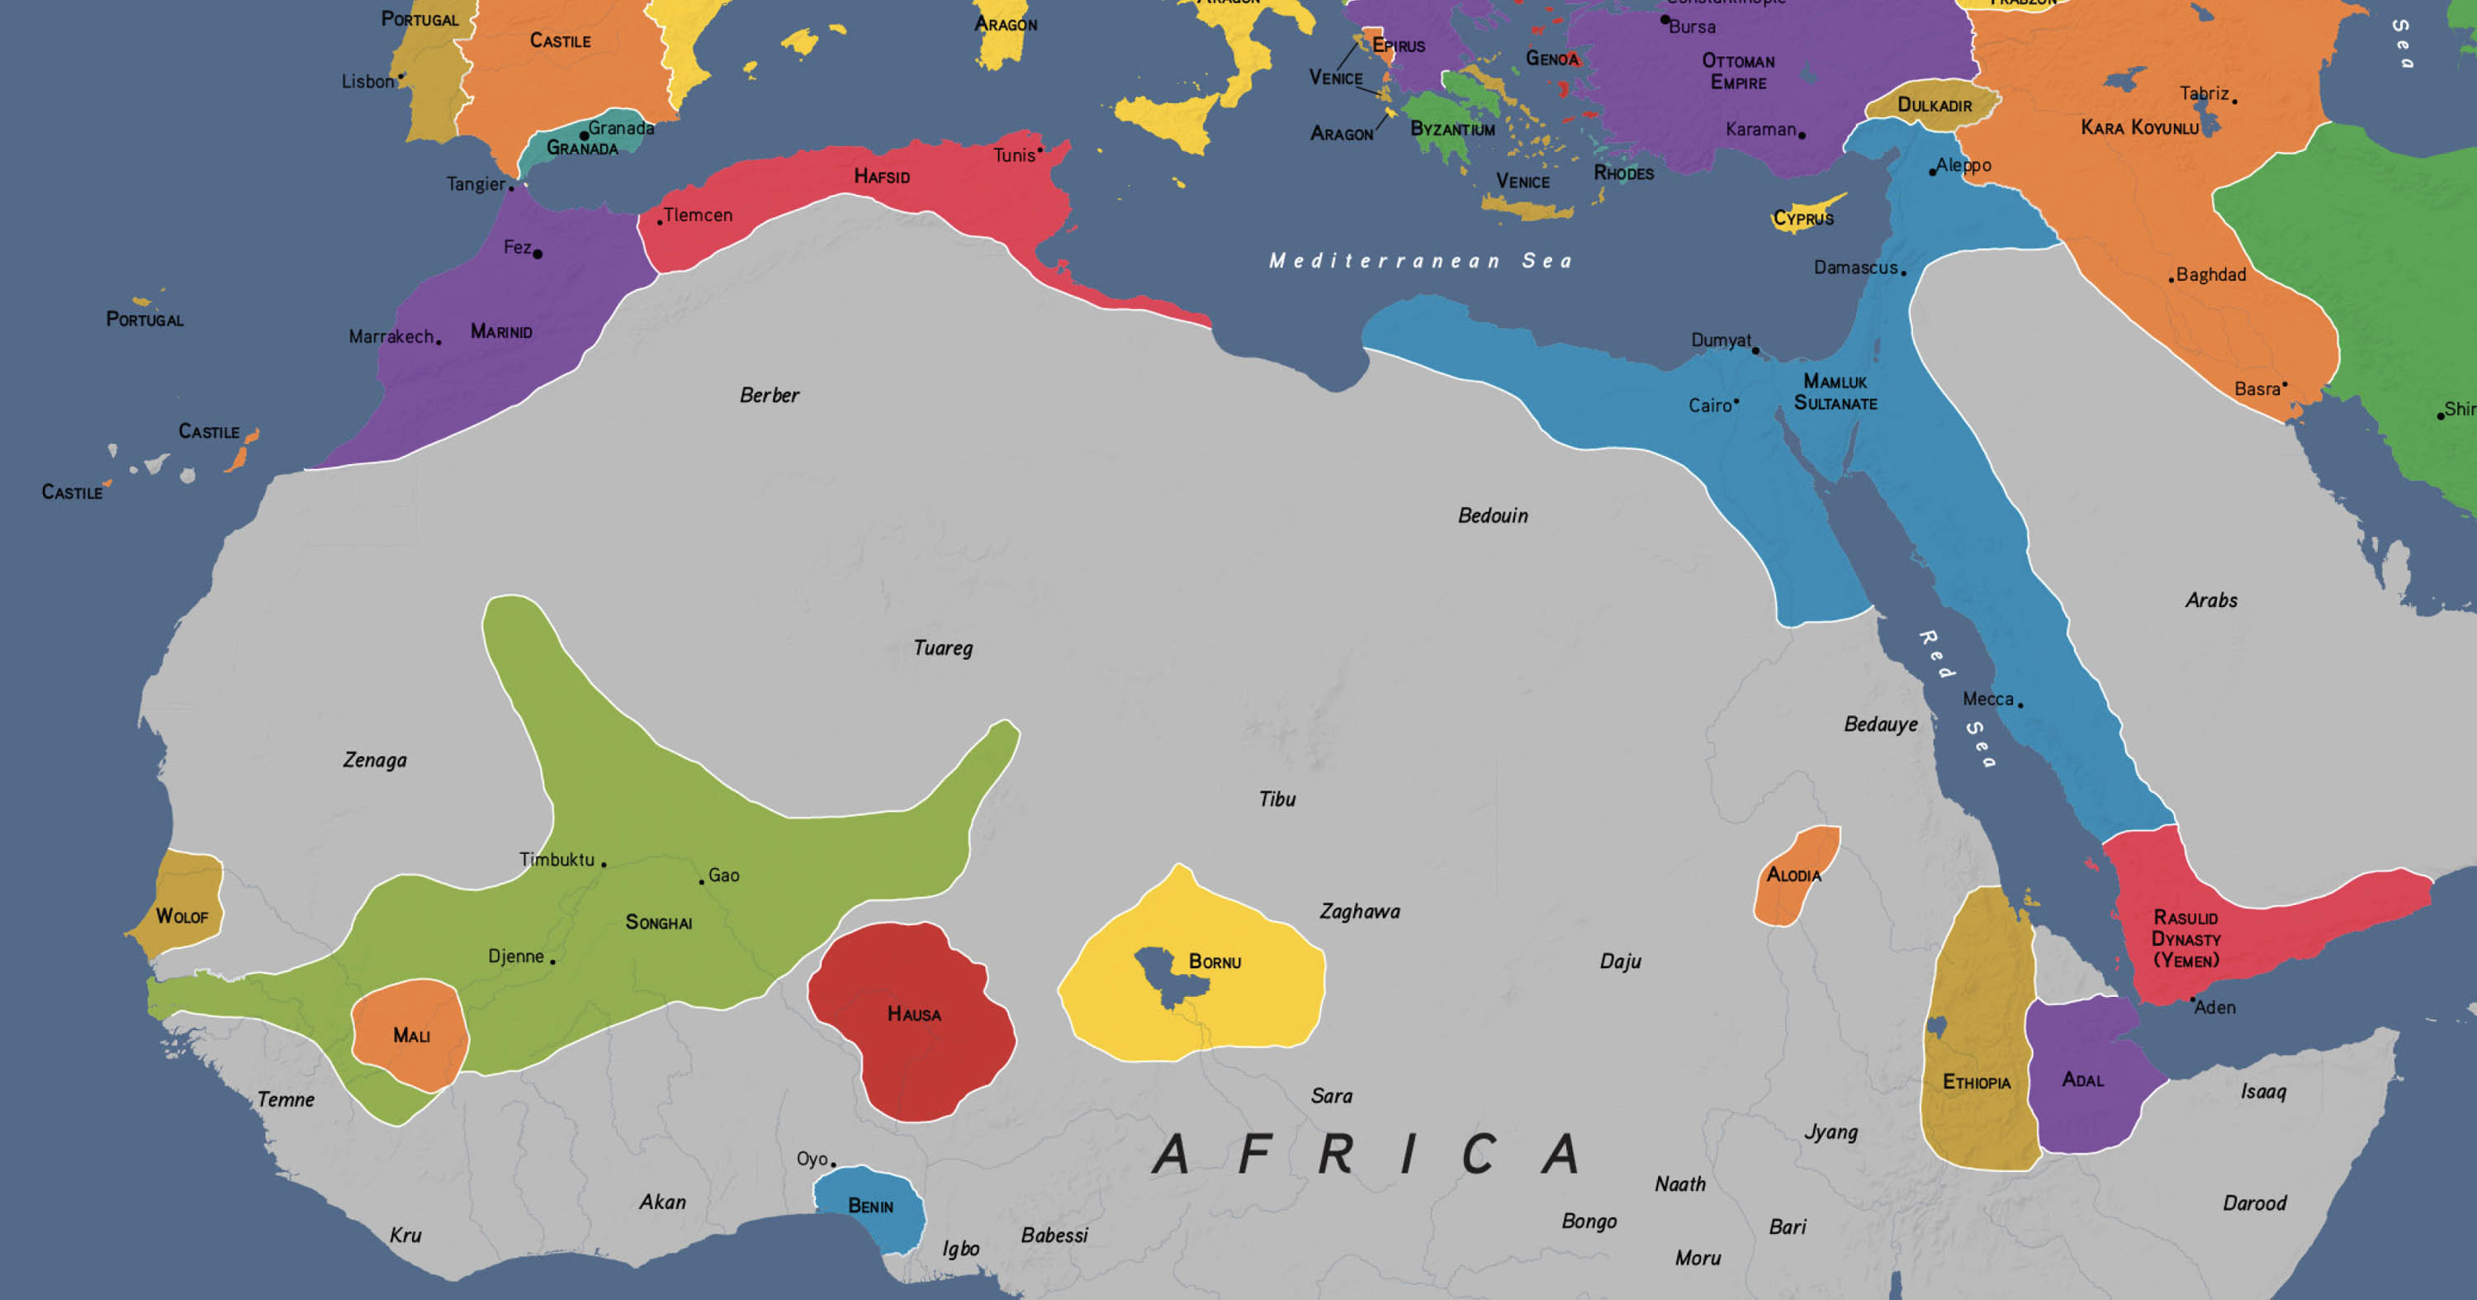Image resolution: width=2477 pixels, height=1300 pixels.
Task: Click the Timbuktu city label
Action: click(x=556, y=860)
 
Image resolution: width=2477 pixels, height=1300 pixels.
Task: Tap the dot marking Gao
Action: click(x=702, y=882)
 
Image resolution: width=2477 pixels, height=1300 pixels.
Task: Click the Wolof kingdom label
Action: click(x=182, y=916)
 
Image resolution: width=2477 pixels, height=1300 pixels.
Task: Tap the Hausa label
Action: click(x=913, y=1014)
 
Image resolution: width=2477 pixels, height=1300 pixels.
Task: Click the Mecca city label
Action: click(x=1987, y=699)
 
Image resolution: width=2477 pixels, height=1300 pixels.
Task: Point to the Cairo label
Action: click(x=1710, y=406)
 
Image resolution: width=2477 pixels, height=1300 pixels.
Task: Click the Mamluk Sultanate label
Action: click(x=1835, y=392)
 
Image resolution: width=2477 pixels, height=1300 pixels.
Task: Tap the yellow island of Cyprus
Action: click(x=1806, y=216)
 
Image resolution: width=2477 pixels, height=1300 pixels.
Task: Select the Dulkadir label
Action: click(x=1934, y=105)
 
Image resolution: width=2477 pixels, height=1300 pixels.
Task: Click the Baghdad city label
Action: click(x=2210, y=275)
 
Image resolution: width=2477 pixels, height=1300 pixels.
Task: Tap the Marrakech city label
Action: click(x=391, y=336)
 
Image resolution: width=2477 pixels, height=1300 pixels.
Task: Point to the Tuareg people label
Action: click(x=942, y=648)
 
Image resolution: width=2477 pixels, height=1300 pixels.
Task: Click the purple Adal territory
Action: click(x=2082, y=1079)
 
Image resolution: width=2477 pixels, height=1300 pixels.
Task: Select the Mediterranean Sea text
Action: click(x=1420, y=260)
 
